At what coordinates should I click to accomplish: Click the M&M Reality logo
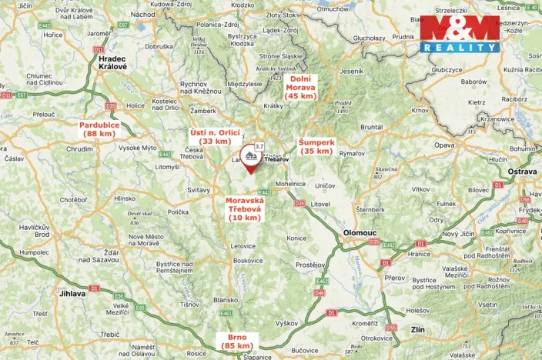coord(459,34)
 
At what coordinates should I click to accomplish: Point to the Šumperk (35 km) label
coord(316,147)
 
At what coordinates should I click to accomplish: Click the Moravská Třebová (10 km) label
coord(246,209)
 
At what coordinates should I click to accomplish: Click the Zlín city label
coord(418,328)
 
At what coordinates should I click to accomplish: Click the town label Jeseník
coord(350,71)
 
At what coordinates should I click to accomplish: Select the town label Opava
coord(444,145)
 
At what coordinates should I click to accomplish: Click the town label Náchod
coord(143,14)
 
